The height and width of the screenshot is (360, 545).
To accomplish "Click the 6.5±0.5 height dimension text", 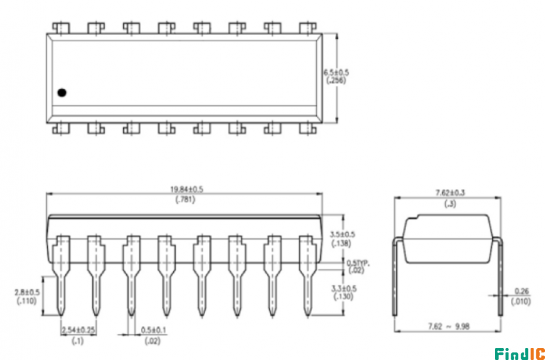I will pos(339,75).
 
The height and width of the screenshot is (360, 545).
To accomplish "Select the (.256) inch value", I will pos(338,85).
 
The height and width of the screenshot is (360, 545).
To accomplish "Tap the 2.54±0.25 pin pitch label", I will pos(81,330).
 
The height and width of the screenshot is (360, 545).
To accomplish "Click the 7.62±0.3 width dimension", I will pos(451,191).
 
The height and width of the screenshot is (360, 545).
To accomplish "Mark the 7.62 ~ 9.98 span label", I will pos(450,326).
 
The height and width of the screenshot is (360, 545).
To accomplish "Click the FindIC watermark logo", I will pos(515,351).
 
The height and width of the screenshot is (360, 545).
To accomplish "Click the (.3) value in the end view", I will pos(451,201).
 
